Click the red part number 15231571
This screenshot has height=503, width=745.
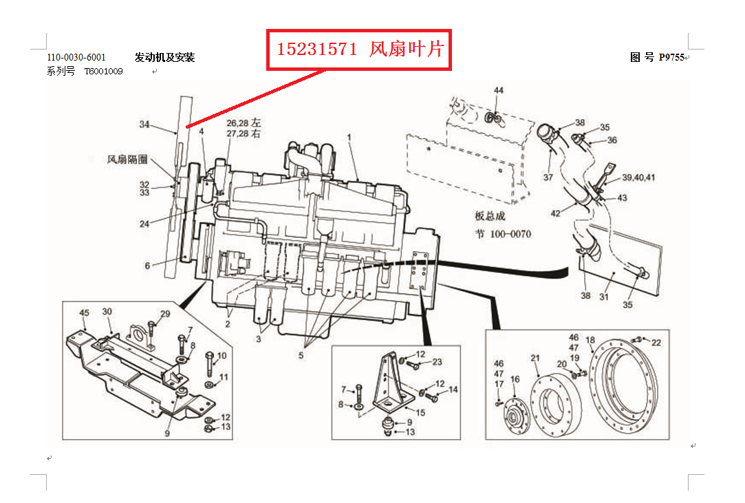pos(317,49)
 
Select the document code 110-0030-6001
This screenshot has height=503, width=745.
pos(76,58)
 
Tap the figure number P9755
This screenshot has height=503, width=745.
pos(671,58)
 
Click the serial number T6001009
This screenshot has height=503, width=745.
pos(104,72)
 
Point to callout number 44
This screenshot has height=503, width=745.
pos(499,90)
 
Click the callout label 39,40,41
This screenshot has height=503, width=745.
pos(638,178)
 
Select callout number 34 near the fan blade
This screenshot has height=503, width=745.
pos(144,124)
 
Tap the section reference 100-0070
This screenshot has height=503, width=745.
pos(510,234)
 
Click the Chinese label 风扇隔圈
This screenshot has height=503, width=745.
pos(127,159)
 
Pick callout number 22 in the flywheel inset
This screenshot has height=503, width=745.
pos(656,343)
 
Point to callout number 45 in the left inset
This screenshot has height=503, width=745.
pos(84,313)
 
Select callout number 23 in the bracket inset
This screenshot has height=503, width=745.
pos(437,362)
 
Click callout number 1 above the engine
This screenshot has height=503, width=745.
pos(349,137)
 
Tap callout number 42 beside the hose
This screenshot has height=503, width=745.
pos(555,213)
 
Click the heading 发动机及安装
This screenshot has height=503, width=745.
pos(165,58)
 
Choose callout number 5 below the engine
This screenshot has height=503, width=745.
pos(301,355)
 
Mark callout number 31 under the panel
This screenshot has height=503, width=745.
pos(604,297)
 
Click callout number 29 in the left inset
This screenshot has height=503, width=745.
pos(165,314)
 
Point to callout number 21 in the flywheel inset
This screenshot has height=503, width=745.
pos(535,358)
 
